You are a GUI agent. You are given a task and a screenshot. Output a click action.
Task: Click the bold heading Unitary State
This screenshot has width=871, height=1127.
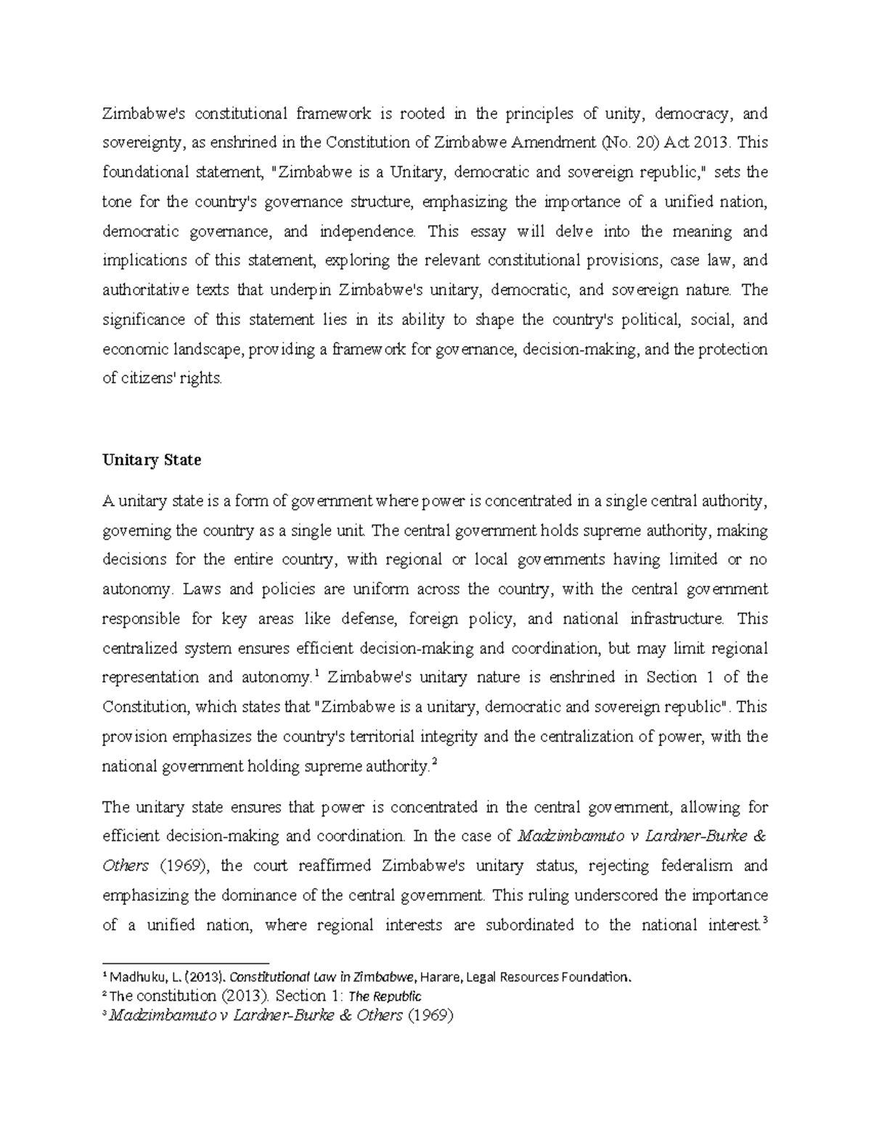click(x=152, y=460)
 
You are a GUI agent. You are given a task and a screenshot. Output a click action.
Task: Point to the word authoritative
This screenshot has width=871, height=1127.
click(x=144, y=290)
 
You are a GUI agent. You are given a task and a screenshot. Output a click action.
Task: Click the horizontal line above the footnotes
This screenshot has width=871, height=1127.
click(x=185, y=959)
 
